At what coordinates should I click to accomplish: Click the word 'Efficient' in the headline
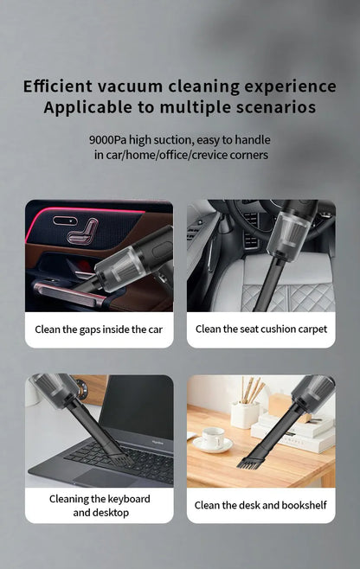click(x=57, y=86)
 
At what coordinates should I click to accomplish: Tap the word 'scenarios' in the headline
click(x=274, y=108)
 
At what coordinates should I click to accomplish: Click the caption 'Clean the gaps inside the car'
click(x=99, y=329)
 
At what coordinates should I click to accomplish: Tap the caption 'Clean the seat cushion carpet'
click(x=261, y=329)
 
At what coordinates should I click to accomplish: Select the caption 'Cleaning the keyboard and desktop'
click(x=99, y=505)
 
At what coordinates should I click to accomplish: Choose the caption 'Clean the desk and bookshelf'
click(x=261, y=505)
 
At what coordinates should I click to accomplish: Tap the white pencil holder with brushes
click(x=245, y=413)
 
